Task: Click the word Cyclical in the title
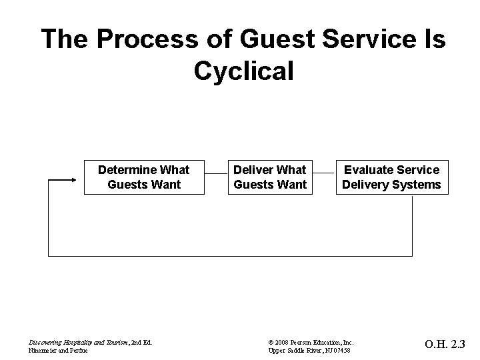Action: pyautogui.click(x=243, y=70)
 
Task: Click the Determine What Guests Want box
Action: pyautogui.click(x=143, y=177)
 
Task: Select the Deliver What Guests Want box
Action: pyautogui.click(x=269, y=177)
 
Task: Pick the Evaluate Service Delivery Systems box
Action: pyautogui.click(x=391, y=177)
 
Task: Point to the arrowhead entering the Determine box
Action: pyautogui.click(x=76, y=178)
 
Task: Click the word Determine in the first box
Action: pyautogui.click(x=126, y=170)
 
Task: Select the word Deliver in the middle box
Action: pyautogui.click(x=253, y=170)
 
